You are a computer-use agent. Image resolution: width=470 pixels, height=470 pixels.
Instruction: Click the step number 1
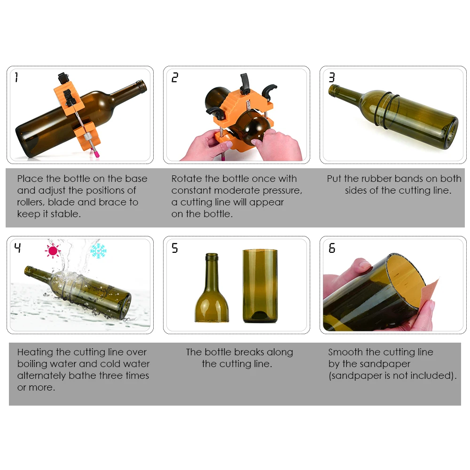click(16, 77)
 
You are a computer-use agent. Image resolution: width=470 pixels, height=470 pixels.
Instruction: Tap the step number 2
click(175, 78)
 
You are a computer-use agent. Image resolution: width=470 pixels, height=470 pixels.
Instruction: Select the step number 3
click(331, 78)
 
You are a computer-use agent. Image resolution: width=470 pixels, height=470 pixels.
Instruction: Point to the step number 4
click(18, 248)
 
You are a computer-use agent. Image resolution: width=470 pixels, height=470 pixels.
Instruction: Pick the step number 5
click(175, 248)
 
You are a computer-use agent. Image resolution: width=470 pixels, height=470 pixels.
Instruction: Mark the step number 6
click(331, 248)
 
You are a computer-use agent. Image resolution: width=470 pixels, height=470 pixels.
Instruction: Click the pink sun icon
click(53, 251)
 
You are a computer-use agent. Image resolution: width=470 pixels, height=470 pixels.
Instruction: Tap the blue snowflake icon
click(98, 251)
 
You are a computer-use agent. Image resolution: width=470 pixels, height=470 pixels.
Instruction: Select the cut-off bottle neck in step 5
click(211, 288)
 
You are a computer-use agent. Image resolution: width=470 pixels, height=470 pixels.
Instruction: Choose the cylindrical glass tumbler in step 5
click(260, 286)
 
